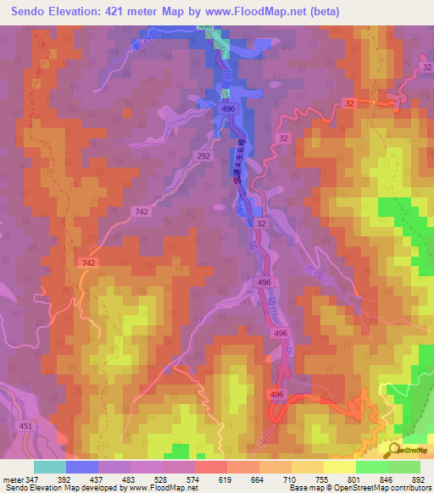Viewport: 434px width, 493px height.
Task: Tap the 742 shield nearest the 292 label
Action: pos(142,210)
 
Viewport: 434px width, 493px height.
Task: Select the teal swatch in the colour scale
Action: pos(50,467)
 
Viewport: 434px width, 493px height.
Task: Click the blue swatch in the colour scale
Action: pos(82,467)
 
